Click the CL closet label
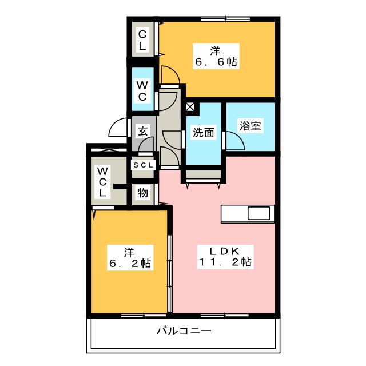coord(142,41)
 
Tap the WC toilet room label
coord(142,91)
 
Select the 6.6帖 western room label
coord(216,56)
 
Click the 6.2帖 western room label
coord(130,258)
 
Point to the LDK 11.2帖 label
coord(225,257)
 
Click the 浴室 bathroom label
coord(250,126)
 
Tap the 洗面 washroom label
coord(204,133)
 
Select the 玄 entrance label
coord(143,131)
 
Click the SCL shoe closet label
coord(144,165)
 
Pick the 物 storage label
coord(142,193)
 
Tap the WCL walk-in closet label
coord(102,182)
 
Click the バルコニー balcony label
coord(184,331)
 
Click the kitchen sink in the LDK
coord(258,213)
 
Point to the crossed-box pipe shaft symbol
coord(190,107)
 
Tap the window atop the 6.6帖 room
coord(226,19)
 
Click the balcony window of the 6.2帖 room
coord(144,316)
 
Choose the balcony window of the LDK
coord(225,316)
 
